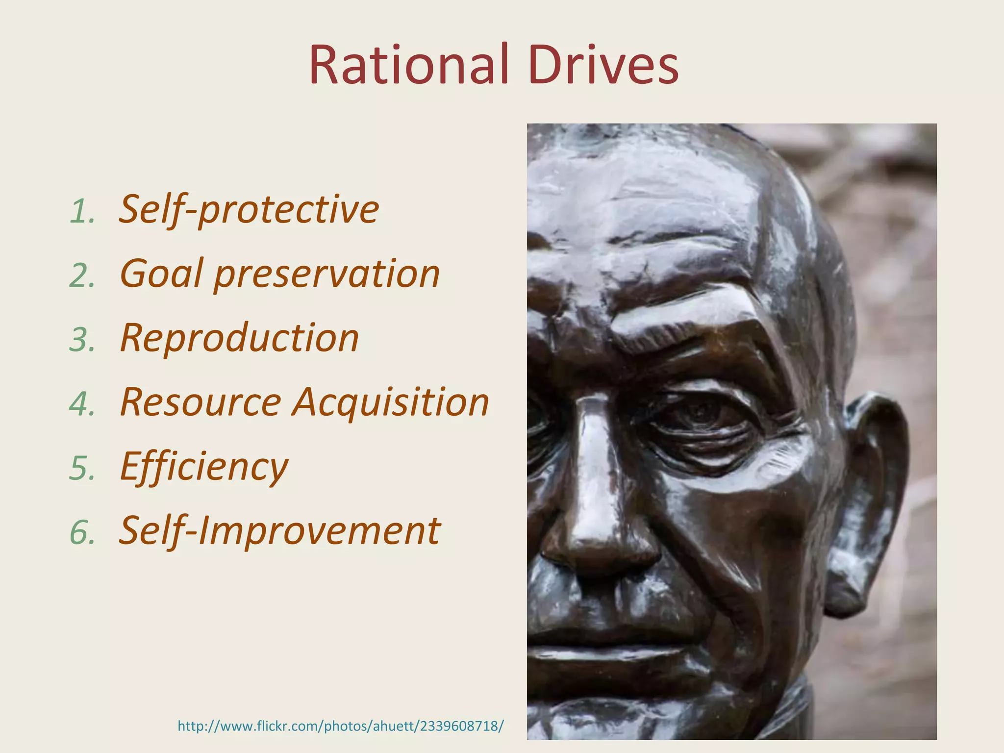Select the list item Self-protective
click(249, 210)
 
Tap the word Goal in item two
click(162, 274)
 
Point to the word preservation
click(327, 275)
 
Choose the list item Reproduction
click(240, 338)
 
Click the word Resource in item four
click(201, 402)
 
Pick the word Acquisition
click(391, 403)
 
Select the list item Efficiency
click(204, 467)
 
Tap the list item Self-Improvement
click(279, 531)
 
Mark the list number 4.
click(81, 404)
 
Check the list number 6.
click(81, 533)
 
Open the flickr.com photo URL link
click(340, 726)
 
